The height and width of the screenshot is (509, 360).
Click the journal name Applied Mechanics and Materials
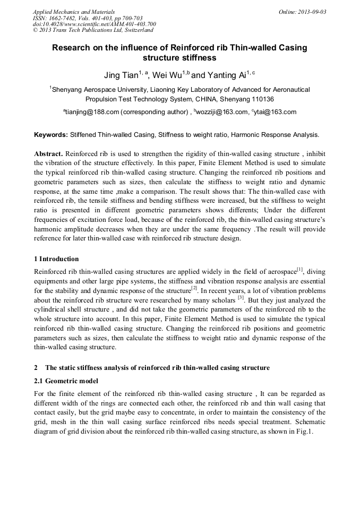[x=74, y=12]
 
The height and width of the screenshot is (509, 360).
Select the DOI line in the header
[x=94, y=24]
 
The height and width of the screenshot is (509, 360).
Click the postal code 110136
[x=262, y=99]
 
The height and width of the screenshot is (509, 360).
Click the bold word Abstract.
[x=48, y=153]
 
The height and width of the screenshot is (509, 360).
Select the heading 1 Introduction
[x=56, y=259]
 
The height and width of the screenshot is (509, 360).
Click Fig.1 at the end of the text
[x=306, y=432]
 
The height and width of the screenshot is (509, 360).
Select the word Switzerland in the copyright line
[x=139, y=30]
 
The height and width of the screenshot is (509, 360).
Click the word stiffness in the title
[x=199, y=57]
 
